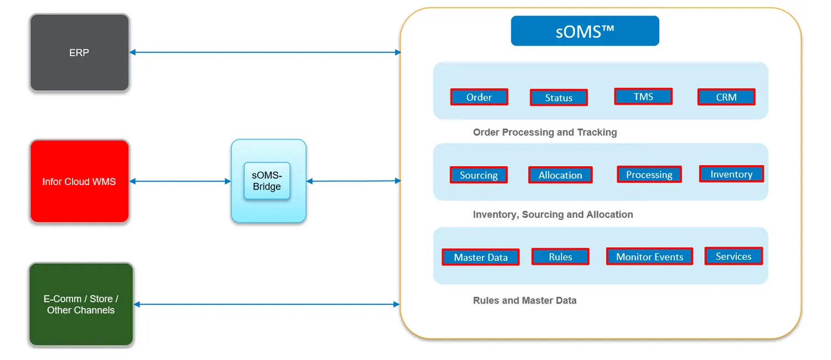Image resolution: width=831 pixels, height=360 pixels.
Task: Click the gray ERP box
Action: tap(79, 53)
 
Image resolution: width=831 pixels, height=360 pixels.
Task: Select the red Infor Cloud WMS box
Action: tap(79, 181)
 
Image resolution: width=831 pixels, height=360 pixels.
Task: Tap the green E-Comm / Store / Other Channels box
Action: tap(81, 305)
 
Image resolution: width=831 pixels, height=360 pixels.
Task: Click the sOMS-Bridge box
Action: tap(267, 181)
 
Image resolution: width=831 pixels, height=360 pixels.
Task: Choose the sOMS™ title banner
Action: tap(584, 31)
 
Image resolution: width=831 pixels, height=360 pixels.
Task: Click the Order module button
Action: tap(479, 97)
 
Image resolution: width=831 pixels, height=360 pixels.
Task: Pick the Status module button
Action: tap(558, 98)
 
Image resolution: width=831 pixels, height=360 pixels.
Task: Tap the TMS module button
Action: tap(643, 97)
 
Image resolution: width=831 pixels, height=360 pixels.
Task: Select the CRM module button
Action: tap(726, 97)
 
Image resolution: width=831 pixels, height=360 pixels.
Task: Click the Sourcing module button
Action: tap(479, 175)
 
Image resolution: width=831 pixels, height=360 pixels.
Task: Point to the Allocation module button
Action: tap(560, 175)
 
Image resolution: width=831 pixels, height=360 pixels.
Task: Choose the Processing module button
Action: tap(649, 174)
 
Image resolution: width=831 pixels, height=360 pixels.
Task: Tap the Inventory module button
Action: tap(731, 174)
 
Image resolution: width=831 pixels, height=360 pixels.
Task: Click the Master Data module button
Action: tap(480, 257)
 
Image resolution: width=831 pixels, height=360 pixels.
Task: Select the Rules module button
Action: tap(560, 256)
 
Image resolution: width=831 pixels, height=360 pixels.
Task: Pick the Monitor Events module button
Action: tap(649, 256)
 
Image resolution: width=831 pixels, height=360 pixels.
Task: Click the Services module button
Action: tap(733, 256)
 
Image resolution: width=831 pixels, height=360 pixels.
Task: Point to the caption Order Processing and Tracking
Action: tap(545, 132)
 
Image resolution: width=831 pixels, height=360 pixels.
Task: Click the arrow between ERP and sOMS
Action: tap(265, 53)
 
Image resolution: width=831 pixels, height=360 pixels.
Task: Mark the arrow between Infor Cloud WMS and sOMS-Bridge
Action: tap(180, 181)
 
